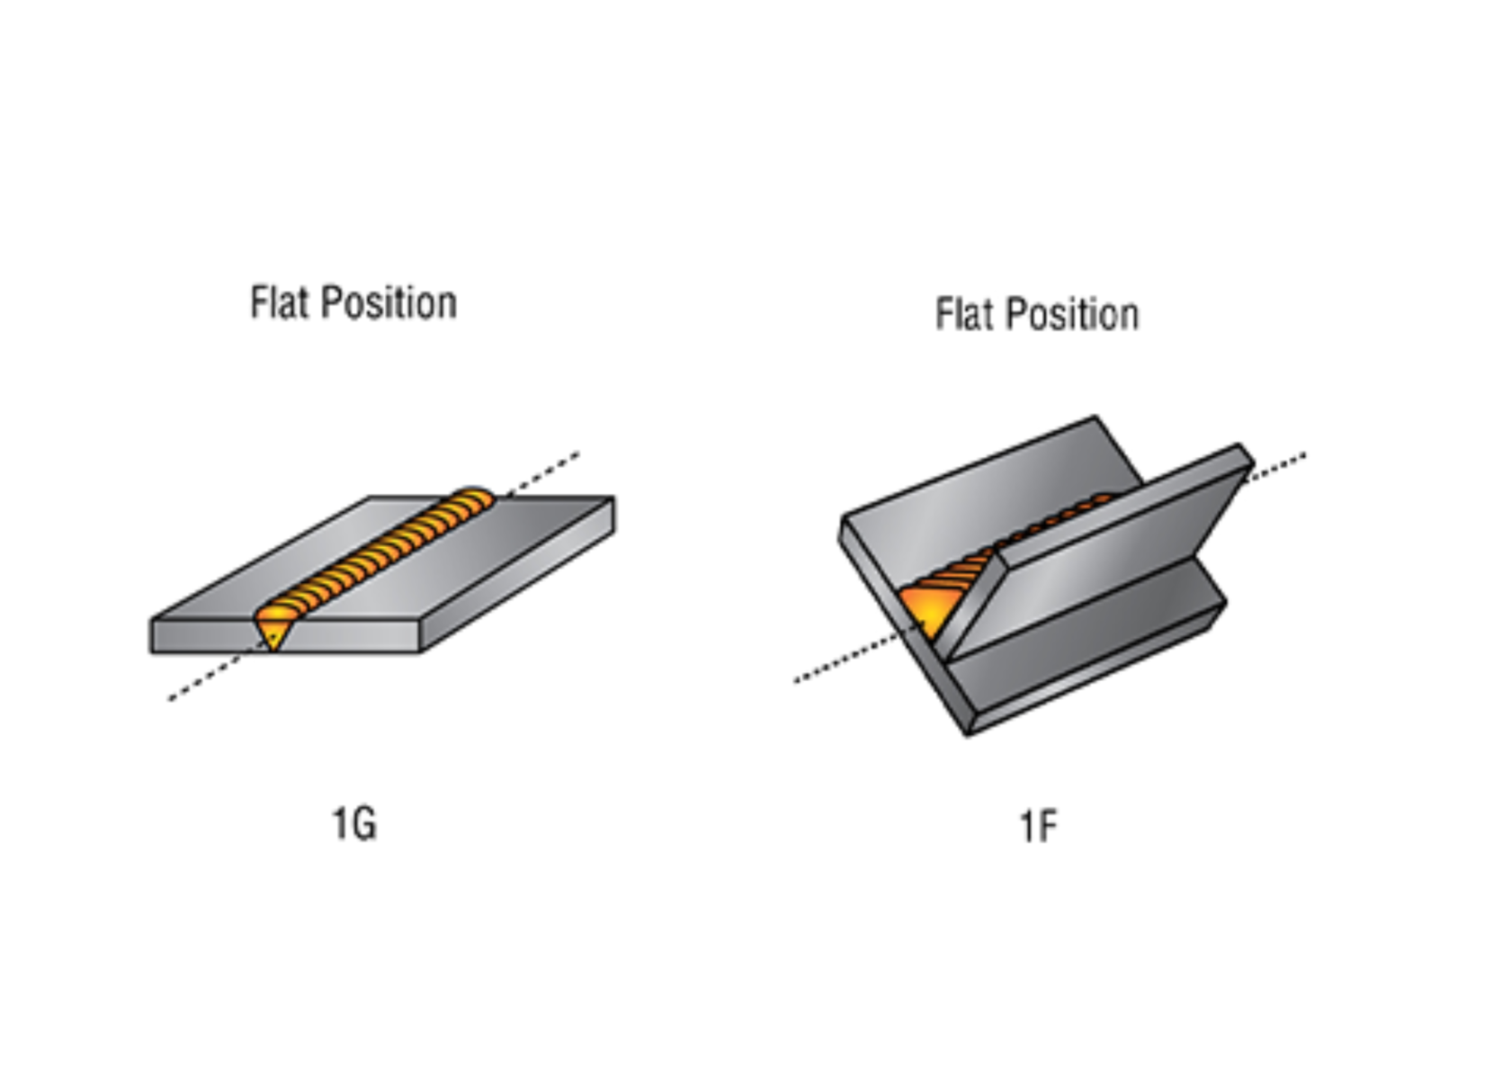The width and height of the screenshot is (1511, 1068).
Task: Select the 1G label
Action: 354,824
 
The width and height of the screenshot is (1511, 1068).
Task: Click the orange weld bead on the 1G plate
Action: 378,558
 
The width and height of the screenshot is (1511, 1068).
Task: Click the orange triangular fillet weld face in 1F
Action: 926,612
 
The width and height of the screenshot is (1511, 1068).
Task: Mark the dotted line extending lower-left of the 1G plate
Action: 207,679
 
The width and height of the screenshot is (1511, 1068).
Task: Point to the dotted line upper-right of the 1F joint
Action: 1277,466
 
